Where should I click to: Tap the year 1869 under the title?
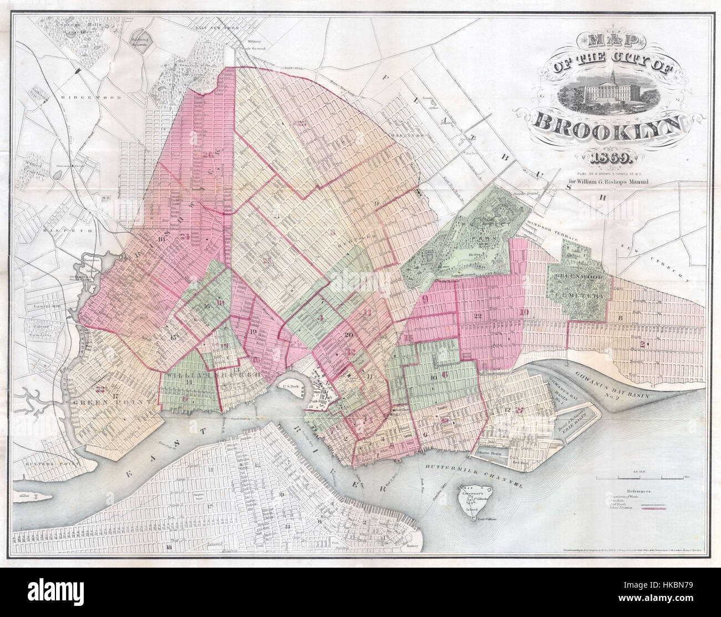(x=609, y=160)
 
